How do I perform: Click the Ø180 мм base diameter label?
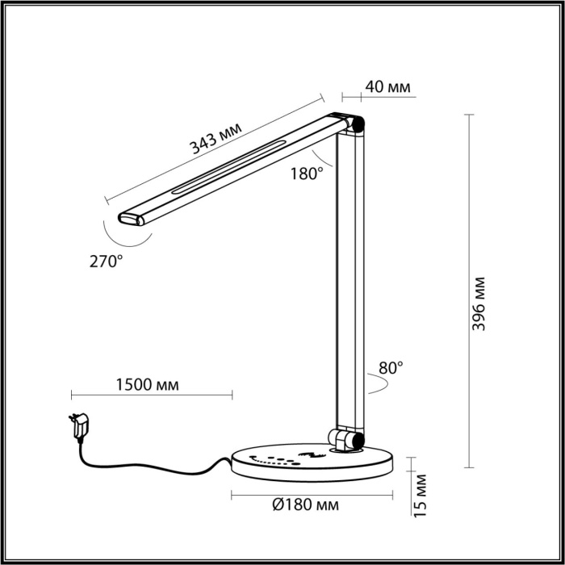(305, 505)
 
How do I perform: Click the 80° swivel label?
(390, 367)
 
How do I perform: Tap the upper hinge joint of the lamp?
(356, 124)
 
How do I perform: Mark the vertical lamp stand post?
(349, 282)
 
